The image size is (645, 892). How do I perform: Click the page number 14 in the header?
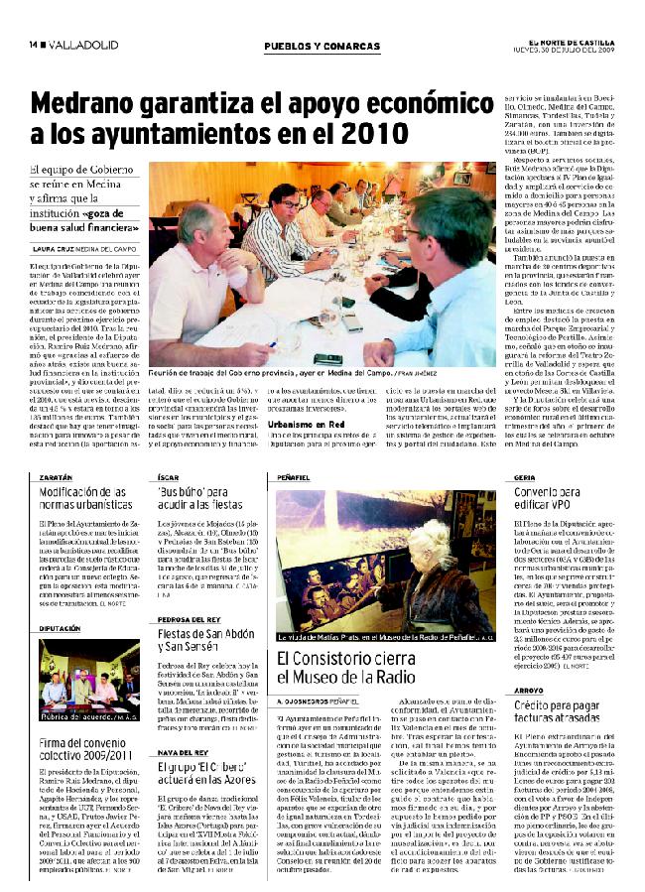(x=33, y=46)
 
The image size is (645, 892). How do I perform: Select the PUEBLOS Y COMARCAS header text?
(x=322, y=47)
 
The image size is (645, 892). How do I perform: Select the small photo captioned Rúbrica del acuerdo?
(x=89, y=680)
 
